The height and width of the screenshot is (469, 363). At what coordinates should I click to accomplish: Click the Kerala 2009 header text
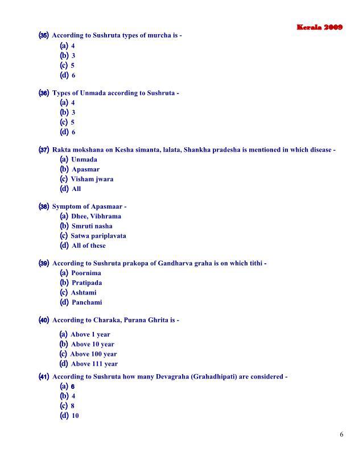coord(319,27)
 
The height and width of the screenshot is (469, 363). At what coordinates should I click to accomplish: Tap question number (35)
coord(43,35)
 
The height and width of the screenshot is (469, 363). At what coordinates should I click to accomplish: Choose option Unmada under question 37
coord(84,160)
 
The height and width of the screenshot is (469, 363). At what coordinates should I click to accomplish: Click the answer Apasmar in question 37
coord(85,169)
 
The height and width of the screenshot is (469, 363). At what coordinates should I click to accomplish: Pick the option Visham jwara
coord(92,179)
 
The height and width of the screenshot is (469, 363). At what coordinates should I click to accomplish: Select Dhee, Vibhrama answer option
coord(96,217)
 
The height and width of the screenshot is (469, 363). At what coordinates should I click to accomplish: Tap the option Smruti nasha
coord(92,226)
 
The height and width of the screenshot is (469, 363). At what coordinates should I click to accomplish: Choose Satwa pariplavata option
coord(98,236)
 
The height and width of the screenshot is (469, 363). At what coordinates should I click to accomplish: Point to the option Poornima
coord(86,273)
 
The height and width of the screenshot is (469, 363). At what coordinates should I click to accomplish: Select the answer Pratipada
coord(86,283)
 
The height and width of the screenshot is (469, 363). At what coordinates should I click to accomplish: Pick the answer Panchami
coord(86,302)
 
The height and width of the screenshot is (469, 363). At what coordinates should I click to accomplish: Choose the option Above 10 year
coord(92,344)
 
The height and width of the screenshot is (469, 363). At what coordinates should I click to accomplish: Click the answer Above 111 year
coord(94,364)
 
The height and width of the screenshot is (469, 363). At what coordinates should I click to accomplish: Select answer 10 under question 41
coord(75,416)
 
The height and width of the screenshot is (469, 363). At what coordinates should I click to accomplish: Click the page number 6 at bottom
coord(341,435)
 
